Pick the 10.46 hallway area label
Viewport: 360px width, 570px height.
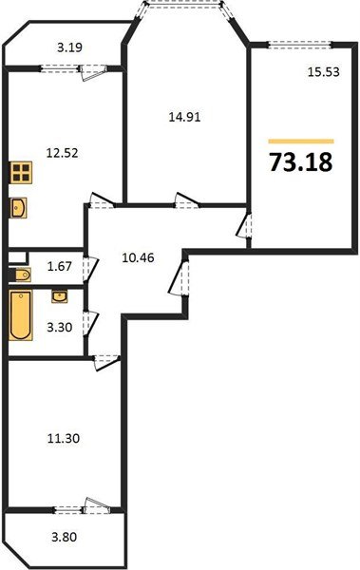tap(140, 254)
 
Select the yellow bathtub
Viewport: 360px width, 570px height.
tap(19, 317)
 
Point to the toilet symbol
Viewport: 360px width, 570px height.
tap(22, 275)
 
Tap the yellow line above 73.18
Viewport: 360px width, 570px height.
tap(301, 140)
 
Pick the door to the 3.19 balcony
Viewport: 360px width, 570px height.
tap(92, 67)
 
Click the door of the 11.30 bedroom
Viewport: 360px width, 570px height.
tap(103, 357)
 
